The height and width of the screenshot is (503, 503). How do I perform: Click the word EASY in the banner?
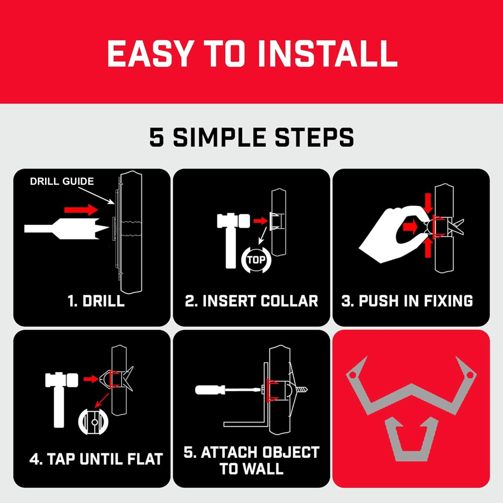point(150,53)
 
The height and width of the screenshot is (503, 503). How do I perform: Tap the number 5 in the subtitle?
point(157,137)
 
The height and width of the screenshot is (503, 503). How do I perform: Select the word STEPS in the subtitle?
point(314,137)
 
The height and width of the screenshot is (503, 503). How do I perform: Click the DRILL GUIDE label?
point(62,181)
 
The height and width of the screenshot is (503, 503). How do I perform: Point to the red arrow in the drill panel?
point(81,210)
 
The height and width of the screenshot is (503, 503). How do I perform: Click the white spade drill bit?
point(67,229)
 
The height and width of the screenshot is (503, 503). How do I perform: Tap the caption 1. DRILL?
point(96,301)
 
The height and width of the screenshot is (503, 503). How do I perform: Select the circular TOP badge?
point(256,259)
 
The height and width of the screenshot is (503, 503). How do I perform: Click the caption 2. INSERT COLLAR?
point(251,301)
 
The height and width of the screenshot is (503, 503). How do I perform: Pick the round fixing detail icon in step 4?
point(93,421)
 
